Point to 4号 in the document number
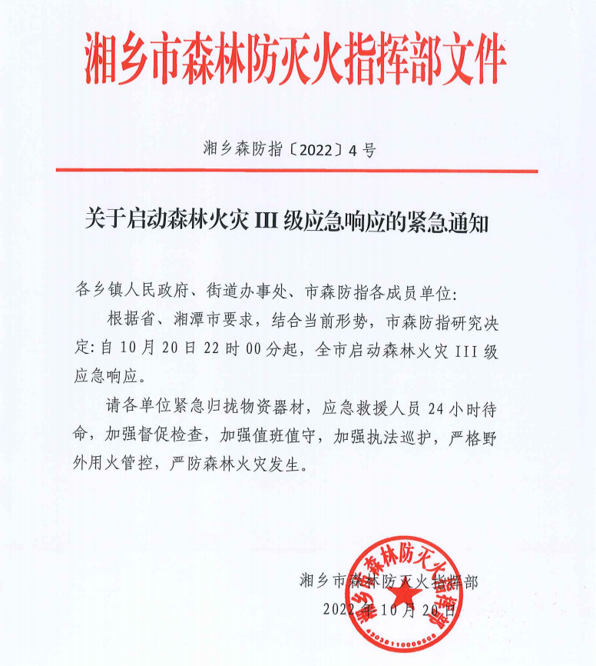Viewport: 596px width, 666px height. [x=362, y=151]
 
